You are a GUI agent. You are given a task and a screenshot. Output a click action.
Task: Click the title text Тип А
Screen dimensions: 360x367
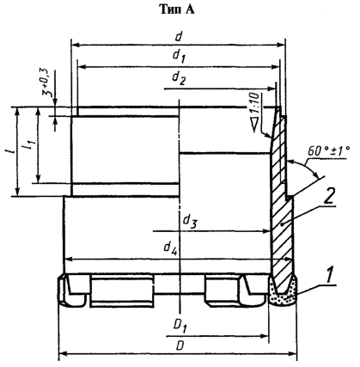[177, 9]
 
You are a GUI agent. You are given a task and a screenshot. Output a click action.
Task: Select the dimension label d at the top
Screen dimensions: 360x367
[179, 37]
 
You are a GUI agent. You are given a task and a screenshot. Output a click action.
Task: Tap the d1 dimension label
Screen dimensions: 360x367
[179, 56]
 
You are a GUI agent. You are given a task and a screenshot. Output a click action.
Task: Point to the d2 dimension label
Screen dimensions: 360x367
[179, 78]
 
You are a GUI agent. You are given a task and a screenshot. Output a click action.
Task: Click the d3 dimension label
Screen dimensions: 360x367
[190, 221]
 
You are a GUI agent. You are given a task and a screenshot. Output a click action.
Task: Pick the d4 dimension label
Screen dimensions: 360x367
[171, 248]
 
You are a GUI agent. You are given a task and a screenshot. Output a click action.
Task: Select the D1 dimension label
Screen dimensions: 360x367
[180, 326]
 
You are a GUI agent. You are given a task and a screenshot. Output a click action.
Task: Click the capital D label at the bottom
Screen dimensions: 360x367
[180, 346]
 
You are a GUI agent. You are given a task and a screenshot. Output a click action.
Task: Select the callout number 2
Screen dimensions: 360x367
[329, 197]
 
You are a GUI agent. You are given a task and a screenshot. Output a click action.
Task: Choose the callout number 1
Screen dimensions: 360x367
[329, 276]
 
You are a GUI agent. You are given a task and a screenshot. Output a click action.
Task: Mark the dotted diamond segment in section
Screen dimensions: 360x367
[283, 292]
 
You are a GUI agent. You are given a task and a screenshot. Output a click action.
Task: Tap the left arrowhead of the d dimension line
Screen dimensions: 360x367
[75, 45]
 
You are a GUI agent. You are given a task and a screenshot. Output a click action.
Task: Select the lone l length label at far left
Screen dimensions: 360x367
[11, 153]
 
